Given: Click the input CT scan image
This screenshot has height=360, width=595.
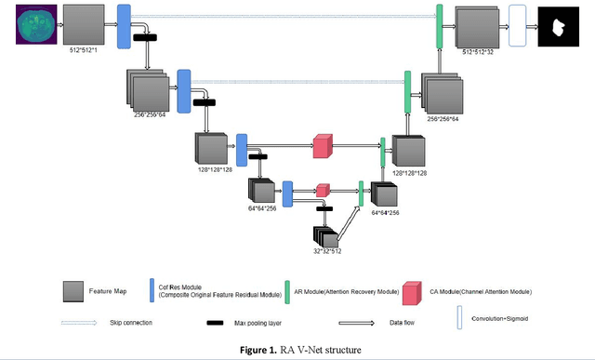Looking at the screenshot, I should (35, 26).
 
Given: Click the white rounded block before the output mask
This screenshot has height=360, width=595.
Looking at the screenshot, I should (517, 26).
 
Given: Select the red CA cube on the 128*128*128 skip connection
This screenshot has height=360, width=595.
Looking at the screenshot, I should (322, 145).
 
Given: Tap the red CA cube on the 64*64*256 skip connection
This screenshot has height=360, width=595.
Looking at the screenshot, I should (323, 189).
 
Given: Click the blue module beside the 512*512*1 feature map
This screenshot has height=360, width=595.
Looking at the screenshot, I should (123, 25).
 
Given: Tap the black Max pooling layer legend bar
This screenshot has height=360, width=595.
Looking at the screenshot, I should (218, 323).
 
